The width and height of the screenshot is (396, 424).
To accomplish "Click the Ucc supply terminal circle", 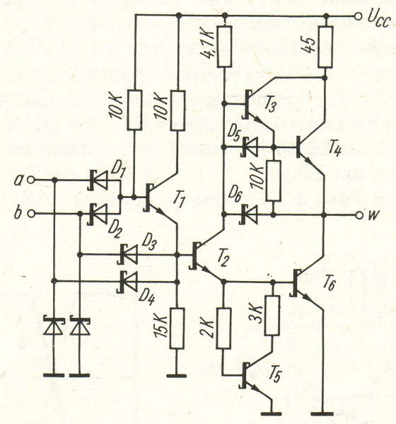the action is [358, 17].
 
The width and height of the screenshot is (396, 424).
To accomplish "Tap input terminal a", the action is [31, 180].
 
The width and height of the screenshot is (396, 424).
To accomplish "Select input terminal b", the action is [31, 214].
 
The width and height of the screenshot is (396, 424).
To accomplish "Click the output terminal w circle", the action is [359, 215].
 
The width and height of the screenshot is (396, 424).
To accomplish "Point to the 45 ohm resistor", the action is [325, 47].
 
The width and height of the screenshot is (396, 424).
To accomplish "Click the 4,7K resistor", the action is [225, 47].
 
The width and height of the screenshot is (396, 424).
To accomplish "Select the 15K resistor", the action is [177, 328].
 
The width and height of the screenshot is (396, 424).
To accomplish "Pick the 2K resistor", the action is [223, 328].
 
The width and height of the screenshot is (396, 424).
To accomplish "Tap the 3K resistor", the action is [272, 316].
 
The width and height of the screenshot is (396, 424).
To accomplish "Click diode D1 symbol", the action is [98, 180].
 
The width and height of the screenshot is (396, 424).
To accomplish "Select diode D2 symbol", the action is [98, 214].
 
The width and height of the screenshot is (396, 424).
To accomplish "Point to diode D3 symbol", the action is [128, 254].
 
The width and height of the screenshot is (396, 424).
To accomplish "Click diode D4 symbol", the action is [127, 282].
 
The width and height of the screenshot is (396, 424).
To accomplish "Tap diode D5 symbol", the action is [250, 147].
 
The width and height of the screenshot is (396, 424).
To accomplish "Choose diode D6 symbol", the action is [248, 215].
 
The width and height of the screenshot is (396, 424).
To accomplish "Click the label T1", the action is [178, 200].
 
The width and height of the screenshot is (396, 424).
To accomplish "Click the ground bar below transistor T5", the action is [272, 413].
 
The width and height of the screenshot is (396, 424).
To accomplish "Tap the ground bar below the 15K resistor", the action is [177, 375].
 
